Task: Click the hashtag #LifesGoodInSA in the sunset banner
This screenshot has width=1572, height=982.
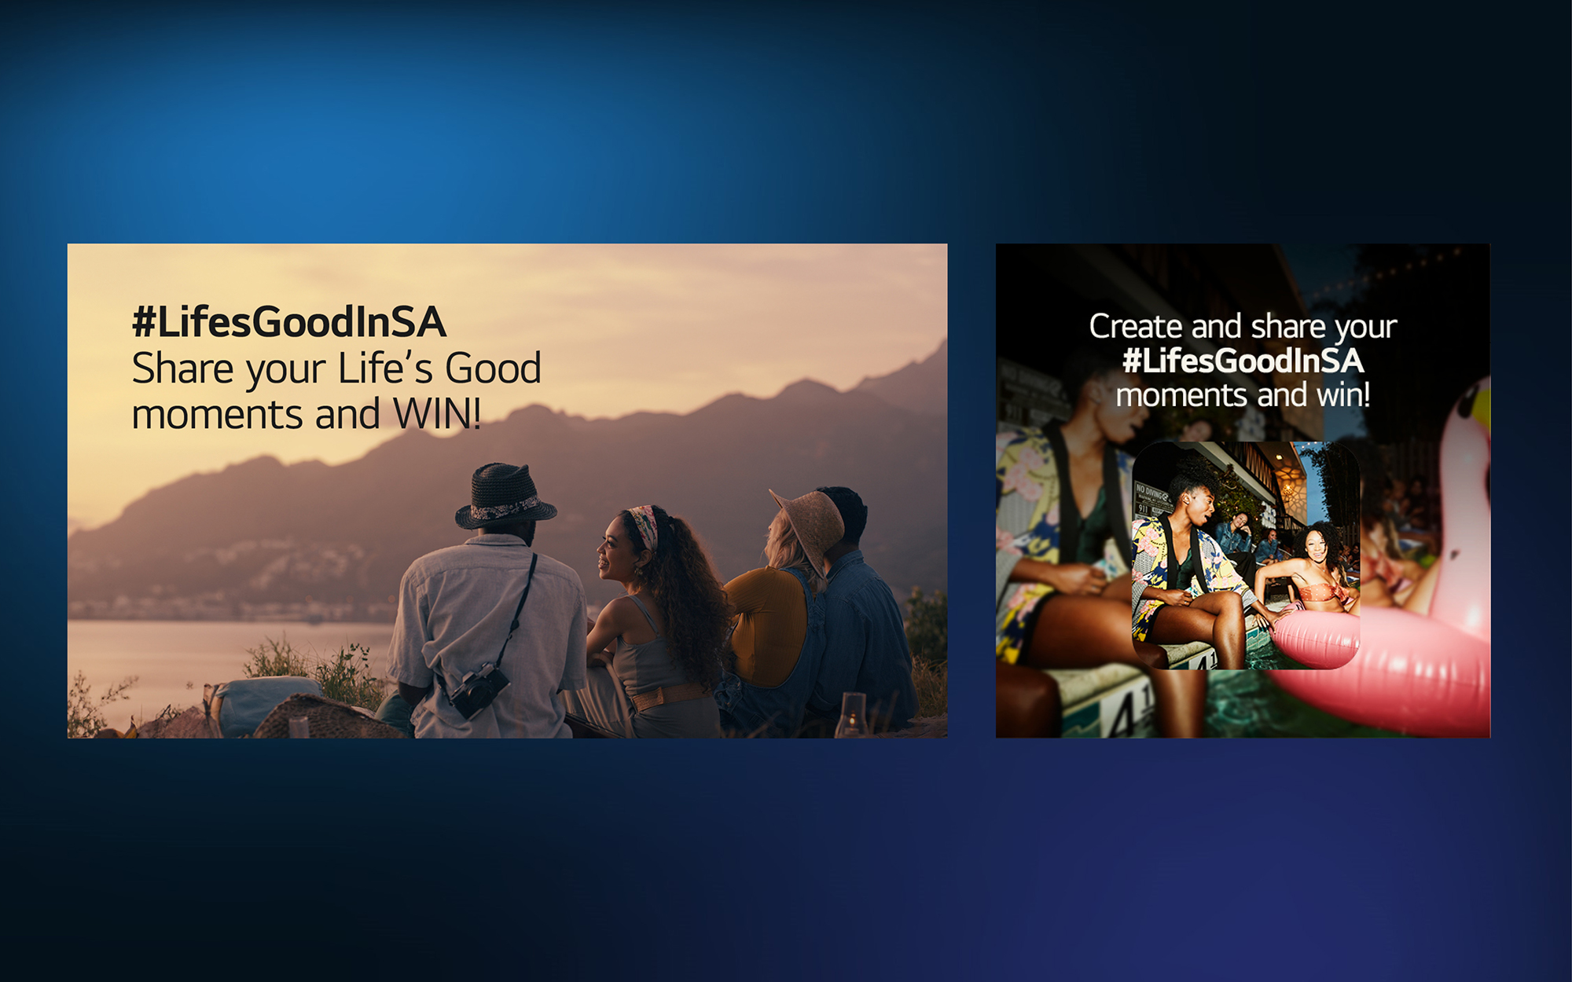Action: click(x=289, y=322)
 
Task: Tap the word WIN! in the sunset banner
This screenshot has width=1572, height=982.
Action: click(x=437, y=413)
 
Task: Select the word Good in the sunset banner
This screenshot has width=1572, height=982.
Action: click(x=493, y=368)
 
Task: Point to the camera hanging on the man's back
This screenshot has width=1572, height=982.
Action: click(x=477, y=688)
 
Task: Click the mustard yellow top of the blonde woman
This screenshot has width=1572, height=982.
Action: click(x=766, y=625)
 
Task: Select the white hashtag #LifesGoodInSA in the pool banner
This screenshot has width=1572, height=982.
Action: click(x=1243, y=361)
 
